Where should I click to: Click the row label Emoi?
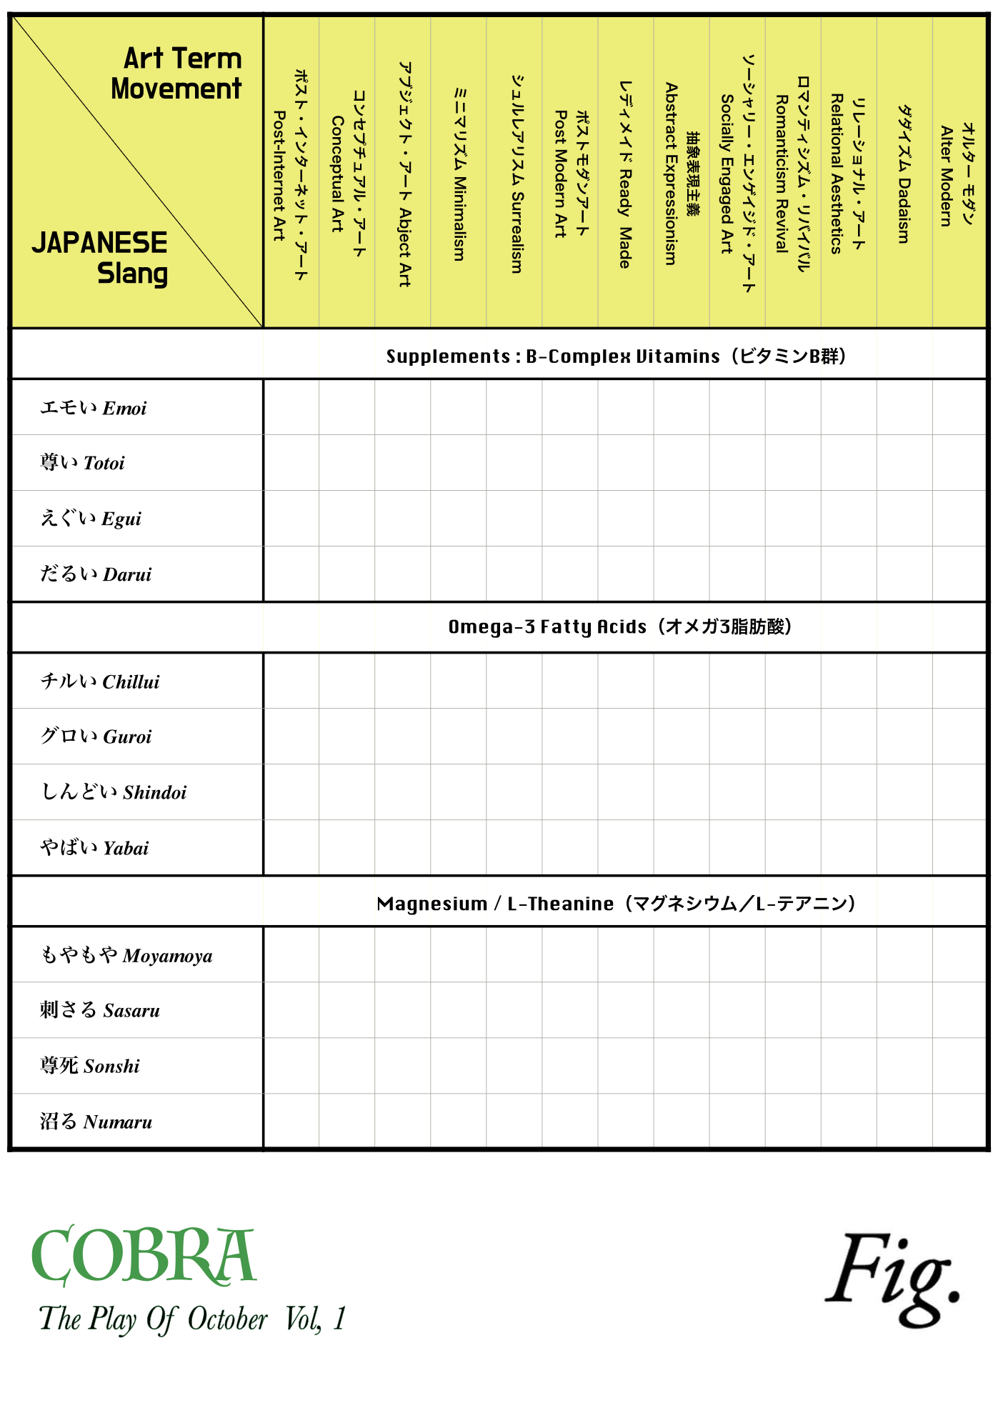[x=94, y=408]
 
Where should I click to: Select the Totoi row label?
[x=83, y=463]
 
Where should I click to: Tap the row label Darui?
[x=96, y=574]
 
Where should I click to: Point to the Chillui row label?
[x=100, y=681]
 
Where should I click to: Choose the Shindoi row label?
[x=114, y=792]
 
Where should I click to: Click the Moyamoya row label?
[x=126, y=956]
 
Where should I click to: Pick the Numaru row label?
[x=96, y=1122]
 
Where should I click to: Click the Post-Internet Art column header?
[x=291, y=175]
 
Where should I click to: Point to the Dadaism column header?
[x=904, y=175]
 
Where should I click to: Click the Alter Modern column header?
[x=957, y=175]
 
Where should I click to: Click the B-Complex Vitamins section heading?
[x=616, y=356]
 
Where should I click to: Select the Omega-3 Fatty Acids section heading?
[x=619, y=626]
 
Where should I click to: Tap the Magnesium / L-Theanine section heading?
[x=616, y=904]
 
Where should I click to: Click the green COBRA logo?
[x=143, y=1256]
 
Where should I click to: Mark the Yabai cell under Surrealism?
[x=514, y=848]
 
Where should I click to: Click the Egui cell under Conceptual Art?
[x=347, y=519]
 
